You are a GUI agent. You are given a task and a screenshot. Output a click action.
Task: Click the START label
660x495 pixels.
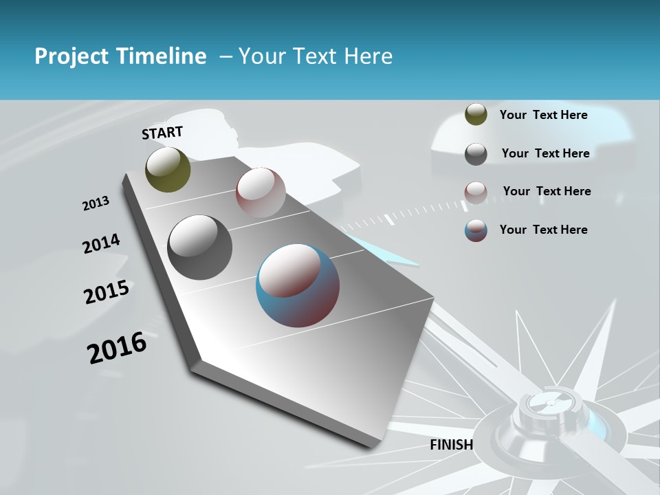click(162, 132)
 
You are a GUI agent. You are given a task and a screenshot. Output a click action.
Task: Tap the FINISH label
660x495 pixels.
click(451, 445)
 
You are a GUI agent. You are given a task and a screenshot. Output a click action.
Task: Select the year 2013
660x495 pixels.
click(96, 203)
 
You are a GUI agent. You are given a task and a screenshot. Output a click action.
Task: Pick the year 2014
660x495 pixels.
click(101, 243)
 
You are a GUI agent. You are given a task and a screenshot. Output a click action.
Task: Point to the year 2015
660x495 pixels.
click(107, 292)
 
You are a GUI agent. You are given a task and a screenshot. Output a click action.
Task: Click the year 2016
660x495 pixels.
click(117, 348)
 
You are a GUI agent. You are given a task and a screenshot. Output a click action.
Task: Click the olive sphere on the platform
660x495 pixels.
click(168, 169)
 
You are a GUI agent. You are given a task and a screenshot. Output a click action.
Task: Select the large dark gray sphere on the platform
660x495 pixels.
click(199, 247)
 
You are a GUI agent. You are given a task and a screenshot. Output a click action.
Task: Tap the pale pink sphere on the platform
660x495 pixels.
click(261, 192)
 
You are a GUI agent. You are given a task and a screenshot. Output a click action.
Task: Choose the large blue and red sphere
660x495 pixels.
click(298, 285)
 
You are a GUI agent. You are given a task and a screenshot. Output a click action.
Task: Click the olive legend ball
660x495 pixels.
click(476, 115)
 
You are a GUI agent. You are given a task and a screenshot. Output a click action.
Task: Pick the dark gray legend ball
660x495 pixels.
click(476, 153)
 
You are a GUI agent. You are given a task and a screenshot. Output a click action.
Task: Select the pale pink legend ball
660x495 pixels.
click(476, 192)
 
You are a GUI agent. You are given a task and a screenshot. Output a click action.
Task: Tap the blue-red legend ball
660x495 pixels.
click(476, 230)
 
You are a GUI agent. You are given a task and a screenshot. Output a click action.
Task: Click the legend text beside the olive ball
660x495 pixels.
click(543, 115)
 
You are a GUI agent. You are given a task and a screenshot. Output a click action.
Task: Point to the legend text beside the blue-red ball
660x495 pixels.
click(543, 230)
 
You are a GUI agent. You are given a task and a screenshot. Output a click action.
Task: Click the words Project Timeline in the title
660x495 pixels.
click(120, 56)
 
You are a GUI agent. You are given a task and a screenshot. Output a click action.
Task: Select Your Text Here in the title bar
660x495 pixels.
click(316, 56)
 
